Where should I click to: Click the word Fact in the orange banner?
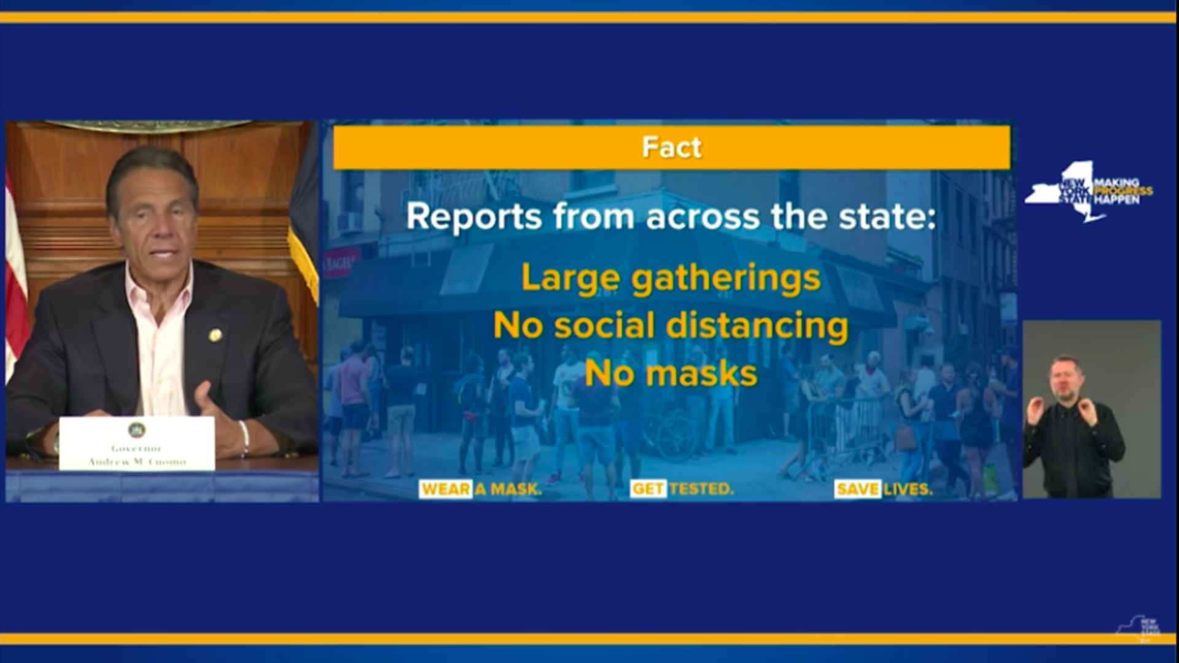pyautogui.click(x=671, y=147)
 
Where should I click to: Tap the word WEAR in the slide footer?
pyautogui.click(x=446, y=489)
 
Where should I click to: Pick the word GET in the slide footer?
pyautogui.click(x=648, y=489)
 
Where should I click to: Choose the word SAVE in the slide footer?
pyautogui.click(x=858, y=489)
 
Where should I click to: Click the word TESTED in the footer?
pyautogui.click(x=701, y=489)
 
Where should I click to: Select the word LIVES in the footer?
pyautogui.click(x=908, y=489)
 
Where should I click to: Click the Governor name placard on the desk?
pyautogui.click(x=137, y=443)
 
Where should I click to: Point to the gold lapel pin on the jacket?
pyautogui.click(x=215, y=335)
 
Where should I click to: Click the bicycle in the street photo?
pyautogui.click(x=672, y=430)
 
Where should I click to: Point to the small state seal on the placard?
pyautogui.click(x=136, y=430)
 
